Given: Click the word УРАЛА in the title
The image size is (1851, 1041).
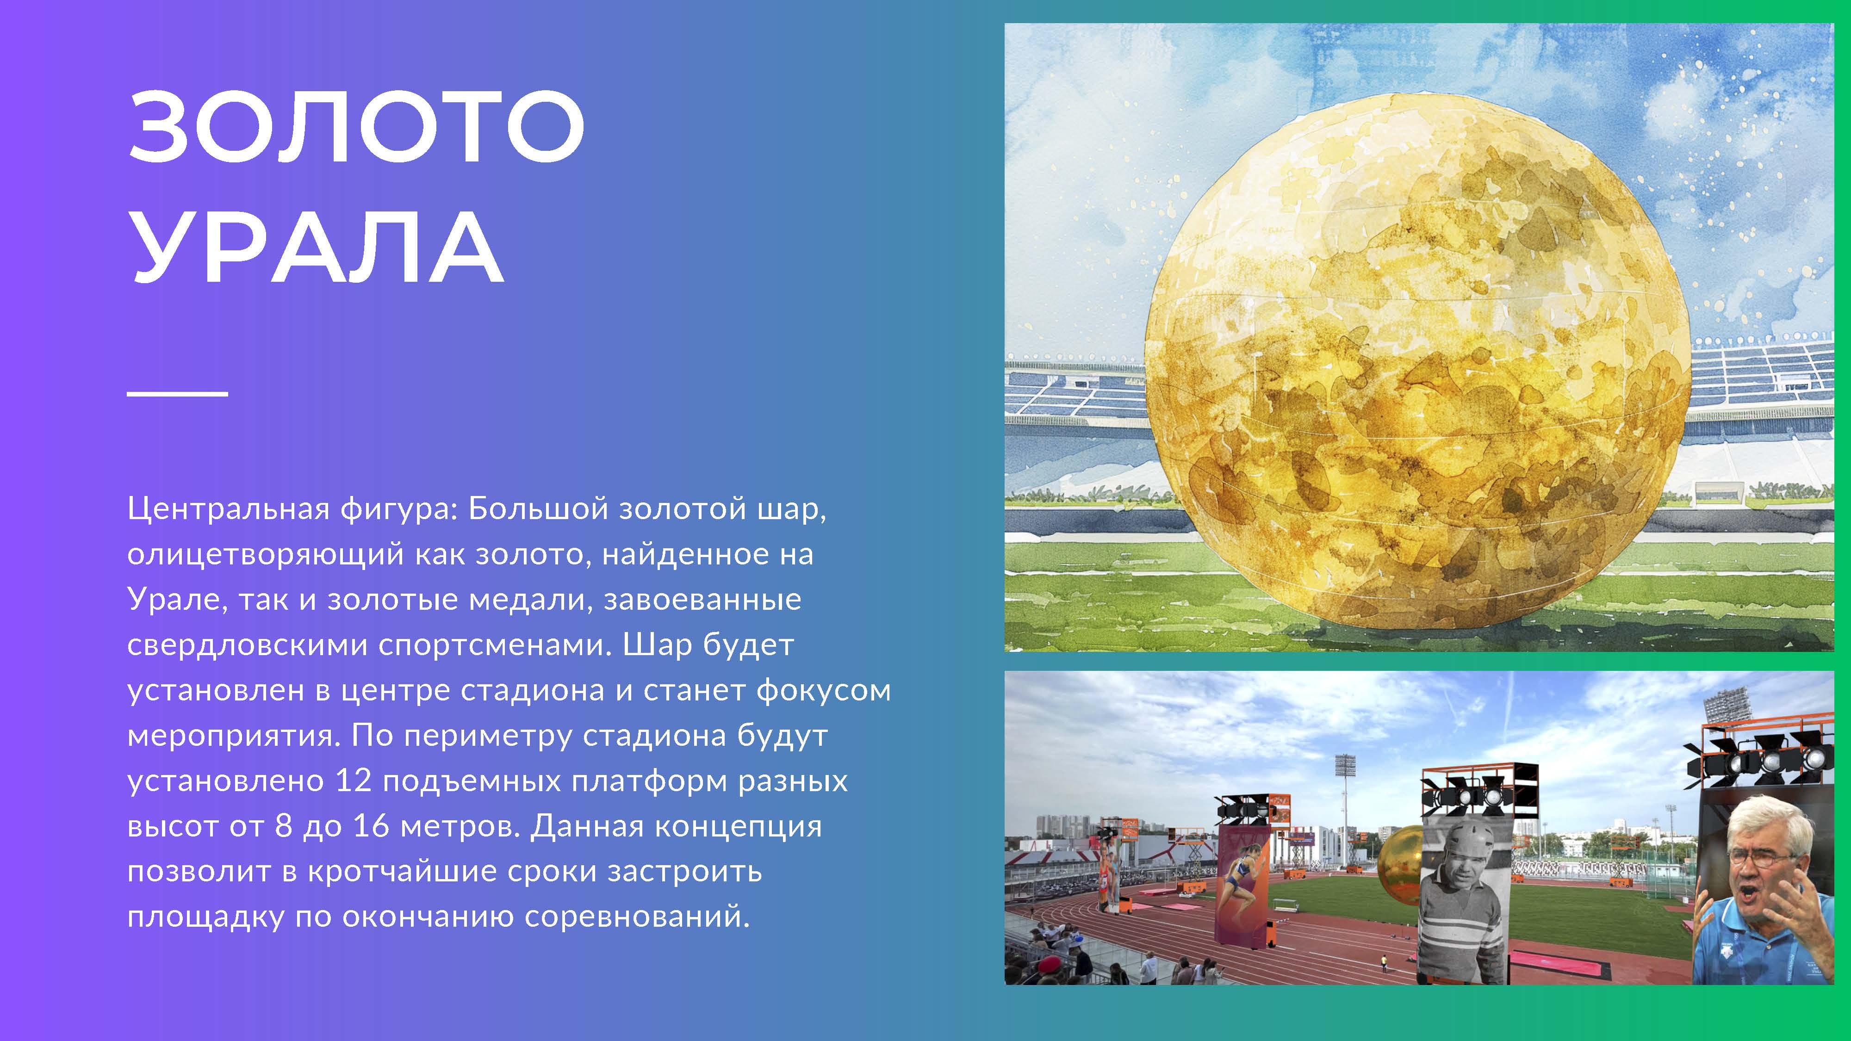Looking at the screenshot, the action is coord(317,247).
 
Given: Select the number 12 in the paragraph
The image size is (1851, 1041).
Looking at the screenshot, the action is coord(354,781).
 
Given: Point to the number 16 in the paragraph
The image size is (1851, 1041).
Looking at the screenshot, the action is coord(371,826).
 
